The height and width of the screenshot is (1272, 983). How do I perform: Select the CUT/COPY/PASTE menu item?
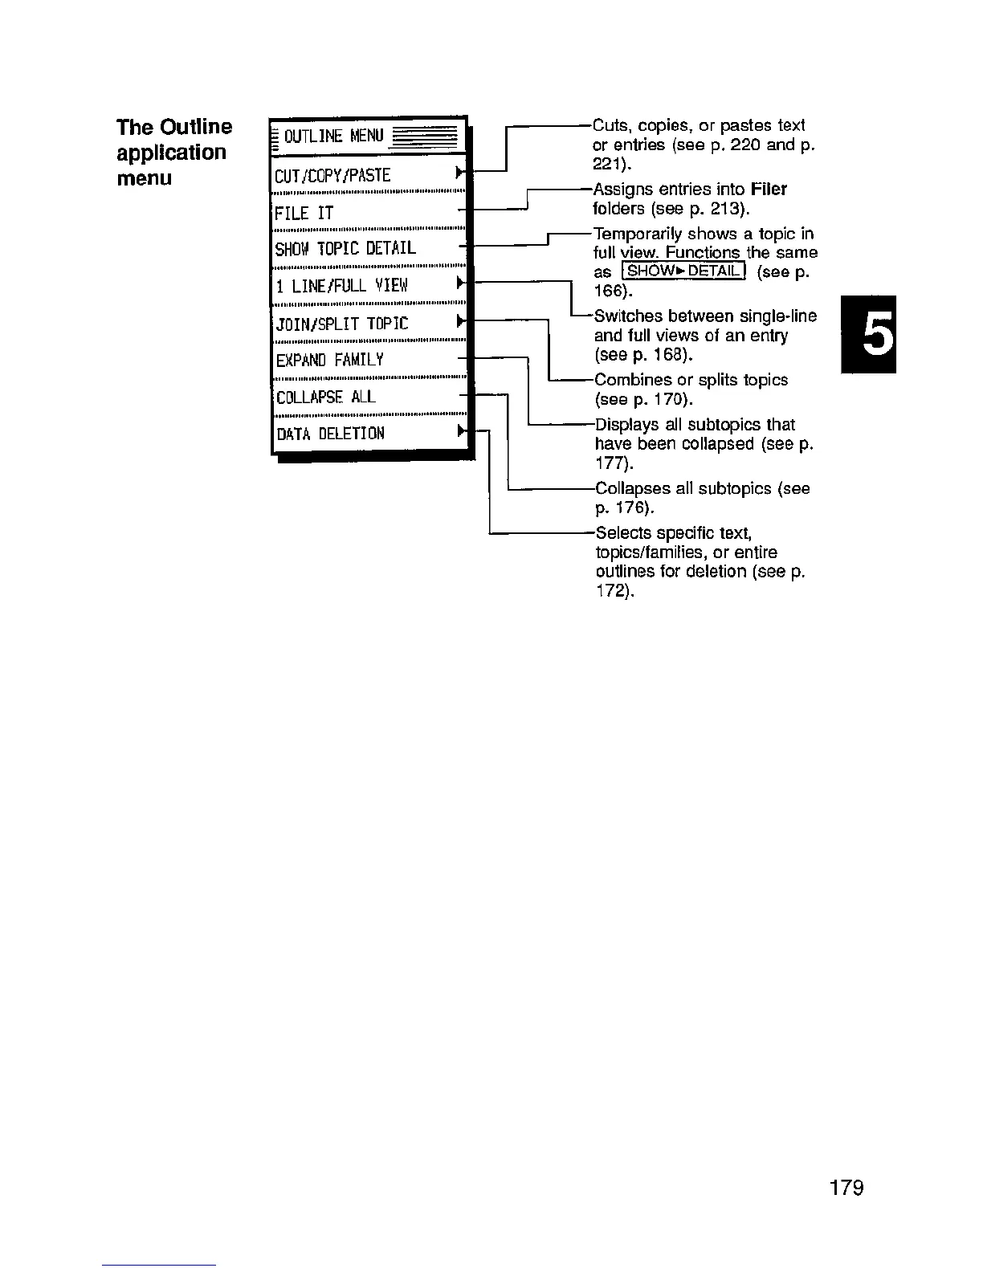pyautogui.click(x=333, y=175)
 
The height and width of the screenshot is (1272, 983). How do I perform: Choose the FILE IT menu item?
pyautogui.click(x=304, y=213)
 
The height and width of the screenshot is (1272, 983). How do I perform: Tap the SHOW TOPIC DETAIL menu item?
pyautogui.click(x=345, y=248)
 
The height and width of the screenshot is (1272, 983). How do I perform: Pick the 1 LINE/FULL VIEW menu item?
pyautogui.click(x=342, y=285)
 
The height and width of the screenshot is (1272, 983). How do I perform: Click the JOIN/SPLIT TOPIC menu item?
pyautogui.click(x=342, y=324)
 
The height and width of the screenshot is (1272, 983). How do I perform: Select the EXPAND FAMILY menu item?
pyautogui.click(x=329, y=360)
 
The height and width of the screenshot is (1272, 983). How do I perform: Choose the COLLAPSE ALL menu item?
pyautogui.click(x=325, y=397)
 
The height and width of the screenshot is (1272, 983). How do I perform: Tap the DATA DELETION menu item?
pyautogui.click(x=330, y=434)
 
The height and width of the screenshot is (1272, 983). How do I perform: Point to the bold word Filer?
pyautogui.click(x=769, y=190)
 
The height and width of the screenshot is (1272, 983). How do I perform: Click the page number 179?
pyautogui.click(x=846, y=1188)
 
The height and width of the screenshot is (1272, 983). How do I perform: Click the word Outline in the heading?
pyautogui.click(x=196, y=127)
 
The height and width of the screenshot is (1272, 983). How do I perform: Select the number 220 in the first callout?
pyautogui.click(x=744, y=145)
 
